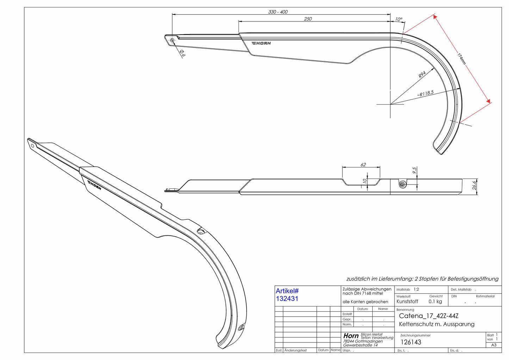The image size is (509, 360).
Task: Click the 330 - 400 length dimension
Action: [278, 12]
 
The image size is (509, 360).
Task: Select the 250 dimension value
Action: [308, 19]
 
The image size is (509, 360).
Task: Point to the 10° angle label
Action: [398, 19]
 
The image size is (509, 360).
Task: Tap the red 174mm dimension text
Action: [461, 59]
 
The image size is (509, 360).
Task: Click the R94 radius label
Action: [422, 75]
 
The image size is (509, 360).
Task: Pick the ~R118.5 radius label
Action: [425, 93]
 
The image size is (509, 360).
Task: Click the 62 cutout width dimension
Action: [363, 165]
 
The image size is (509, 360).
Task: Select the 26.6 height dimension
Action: [474, 185]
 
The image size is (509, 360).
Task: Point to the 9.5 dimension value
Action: [415, 170]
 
